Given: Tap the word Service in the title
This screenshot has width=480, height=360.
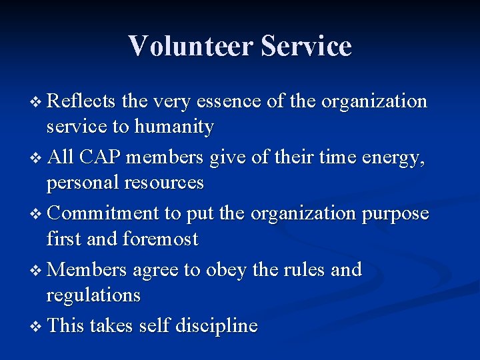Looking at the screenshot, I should point(306,46).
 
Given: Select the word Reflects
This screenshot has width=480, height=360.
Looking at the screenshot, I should point(82,101).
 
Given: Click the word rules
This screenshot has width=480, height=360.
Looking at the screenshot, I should point(303,269).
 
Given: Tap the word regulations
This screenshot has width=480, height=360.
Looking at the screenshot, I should point(93,295).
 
